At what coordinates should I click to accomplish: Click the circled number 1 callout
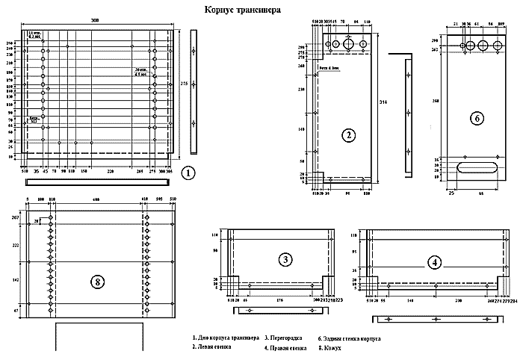pos(188,173)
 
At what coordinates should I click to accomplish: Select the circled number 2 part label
pos(348,135)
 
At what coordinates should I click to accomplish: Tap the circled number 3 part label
pos(285,259)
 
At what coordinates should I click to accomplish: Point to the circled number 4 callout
pos(434,261)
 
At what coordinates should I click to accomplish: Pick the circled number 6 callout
pos(475,118)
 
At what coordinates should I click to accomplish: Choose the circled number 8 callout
pos(96,282)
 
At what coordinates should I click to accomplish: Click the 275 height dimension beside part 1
pos(184,84)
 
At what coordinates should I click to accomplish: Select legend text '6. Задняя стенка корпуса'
pos(350,338)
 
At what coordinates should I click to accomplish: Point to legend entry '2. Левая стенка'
pos(212,347)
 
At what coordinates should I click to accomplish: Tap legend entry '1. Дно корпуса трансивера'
pos(226,338)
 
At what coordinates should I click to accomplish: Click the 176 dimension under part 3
pos(280,300)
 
